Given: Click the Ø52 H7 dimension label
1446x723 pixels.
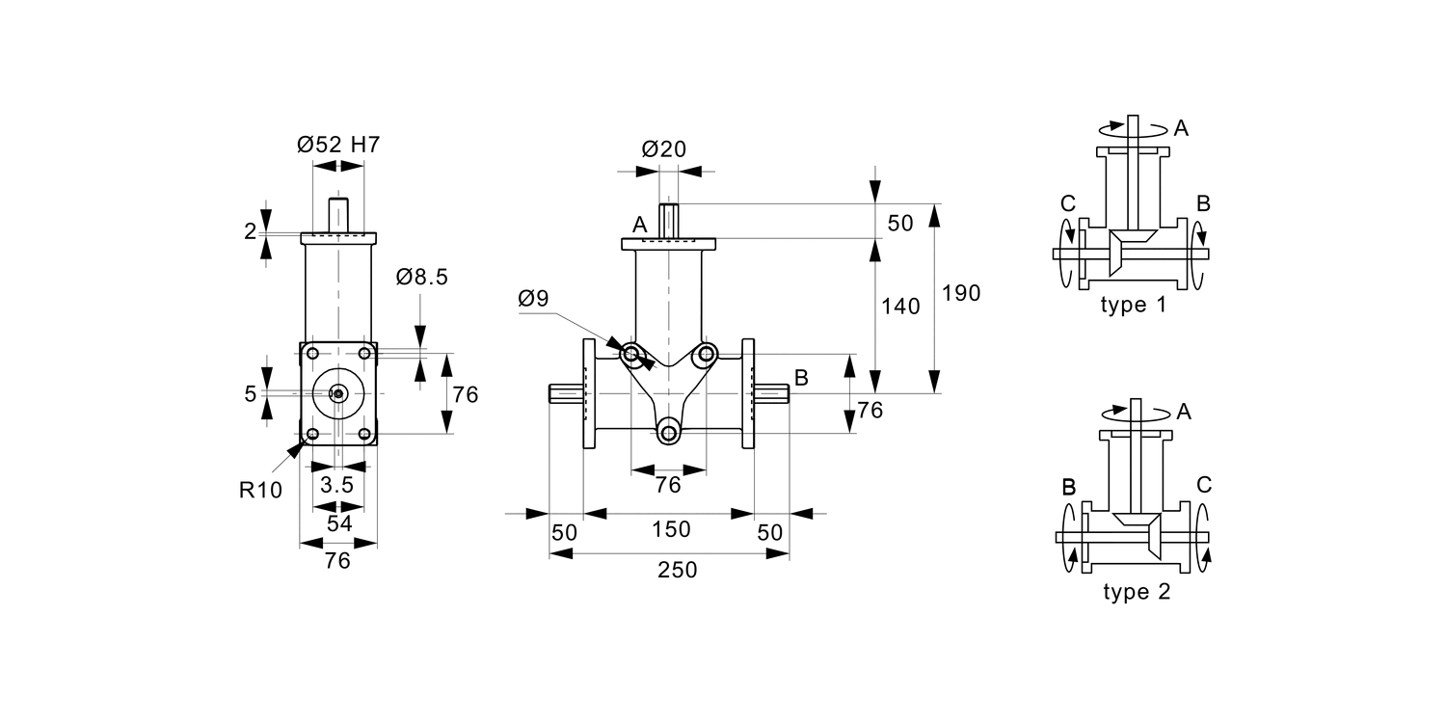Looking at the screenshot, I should (x=338, y=146).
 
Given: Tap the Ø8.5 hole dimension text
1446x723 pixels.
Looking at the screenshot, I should (x=421, y=278).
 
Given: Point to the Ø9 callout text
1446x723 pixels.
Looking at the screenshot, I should (x=533, y=298).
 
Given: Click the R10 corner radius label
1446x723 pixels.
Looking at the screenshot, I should (x=260, y=490).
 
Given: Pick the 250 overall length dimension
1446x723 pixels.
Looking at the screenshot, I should (x=677, y=570).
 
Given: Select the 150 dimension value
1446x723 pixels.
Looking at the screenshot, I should (x=671, y=529).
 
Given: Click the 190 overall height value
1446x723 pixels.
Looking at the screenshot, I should (x=960, y=293).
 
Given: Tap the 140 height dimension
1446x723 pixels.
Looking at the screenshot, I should (x=900, y=306).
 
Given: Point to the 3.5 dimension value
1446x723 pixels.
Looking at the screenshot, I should (x=337, y=485).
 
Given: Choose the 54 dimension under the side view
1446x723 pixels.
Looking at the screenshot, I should (x=337, y=523).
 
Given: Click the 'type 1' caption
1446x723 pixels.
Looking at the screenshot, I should (x=1134, y=306).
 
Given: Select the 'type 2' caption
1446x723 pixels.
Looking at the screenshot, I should (x=1137, y=592).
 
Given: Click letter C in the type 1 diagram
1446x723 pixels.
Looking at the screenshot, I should (x=1067, y=203).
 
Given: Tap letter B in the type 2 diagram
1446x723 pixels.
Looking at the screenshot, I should (x=1068, y=487).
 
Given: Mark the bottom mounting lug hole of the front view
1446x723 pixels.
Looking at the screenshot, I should (x=668, y=433).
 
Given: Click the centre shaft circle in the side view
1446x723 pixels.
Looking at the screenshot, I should (x=338, y=393).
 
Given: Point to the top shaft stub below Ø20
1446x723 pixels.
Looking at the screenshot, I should (x=669, y=220).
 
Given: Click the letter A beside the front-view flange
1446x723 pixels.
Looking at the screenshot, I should (x=638, y=225).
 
